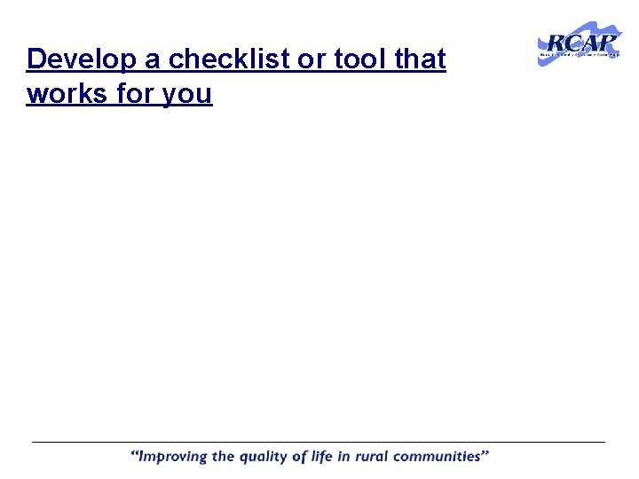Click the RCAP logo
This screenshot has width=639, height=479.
click(580, 43)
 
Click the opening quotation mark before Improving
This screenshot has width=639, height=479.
click(136, 454)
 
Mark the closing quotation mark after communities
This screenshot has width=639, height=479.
click(485, 454)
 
